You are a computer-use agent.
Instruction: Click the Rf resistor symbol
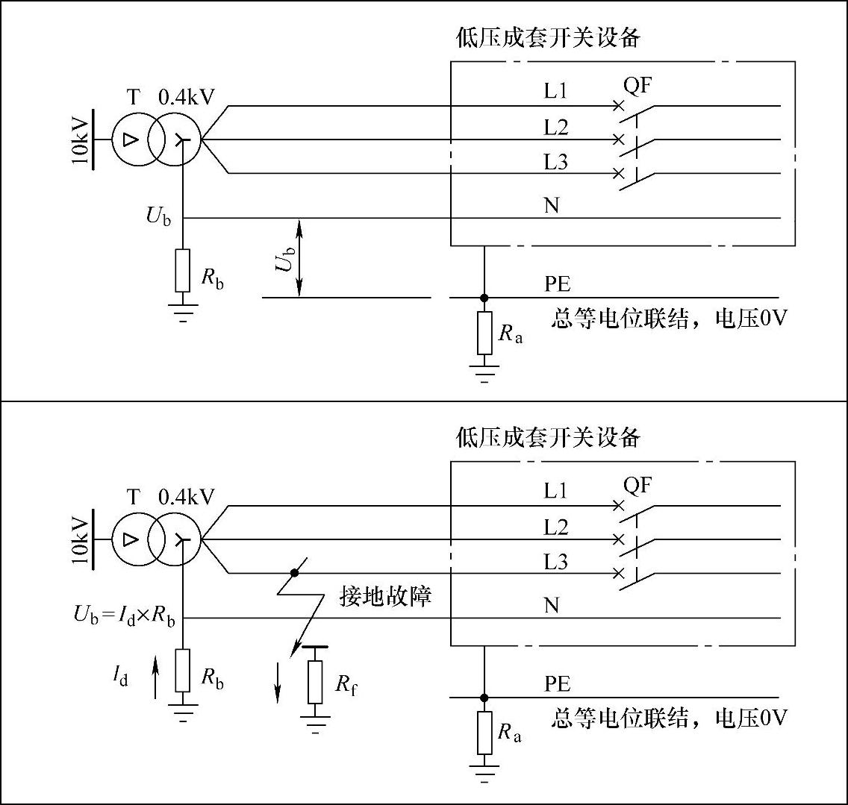(x=315, y=681)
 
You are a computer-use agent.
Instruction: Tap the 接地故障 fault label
(x=385, y=597)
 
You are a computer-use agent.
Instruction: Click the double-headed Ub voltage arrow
(x=299, y=256)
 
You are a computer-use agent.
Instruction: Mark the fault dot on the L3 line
(x=294, y=573)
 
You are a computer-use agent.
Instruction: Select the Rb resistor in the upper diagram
(x=184, y=270)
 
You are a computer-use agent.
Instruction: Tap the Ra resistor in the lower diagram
(x=484, y=732)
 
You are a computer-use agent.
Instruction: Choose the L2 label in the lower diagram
(x=555, y=527)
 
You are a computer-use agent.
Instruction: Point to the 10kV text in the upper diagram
(x=81, y=140)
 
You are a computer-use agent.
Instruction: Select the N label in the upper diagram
(x=552, y=205)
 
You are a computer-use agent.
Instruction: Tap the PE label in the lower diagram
(x=558, y=684)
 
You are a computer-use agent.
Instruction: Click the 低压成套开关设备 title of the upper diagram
(x=549, y=38)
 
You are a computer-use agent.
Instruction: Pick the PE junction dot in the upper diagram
(x=484, y=297)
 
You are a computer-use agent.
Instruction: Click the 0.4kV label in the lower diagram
(x=186, y=497)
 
